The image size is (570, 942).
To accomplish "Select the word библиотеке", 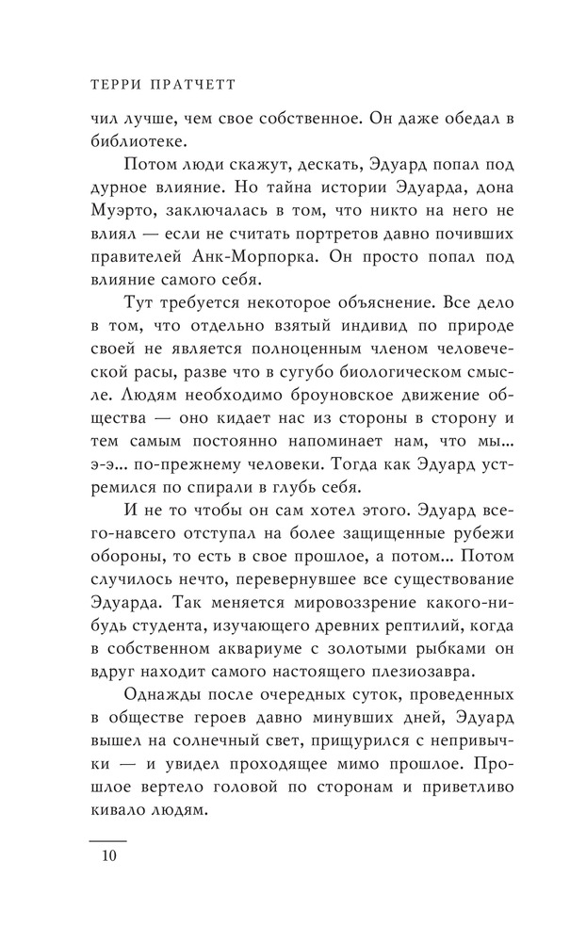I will pyautogui.click(x=138, y=143).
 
